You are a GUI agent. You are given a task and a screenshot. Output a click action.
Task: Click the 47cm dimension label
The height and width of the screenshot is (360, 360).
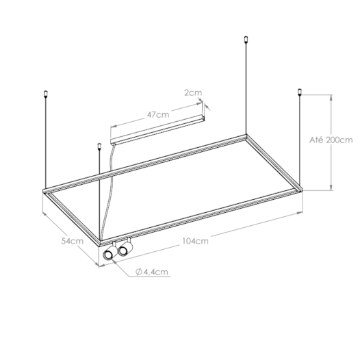158,114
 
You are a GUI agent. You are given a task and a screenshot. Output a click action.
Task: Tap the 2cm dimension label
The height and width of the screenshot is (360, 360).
194,91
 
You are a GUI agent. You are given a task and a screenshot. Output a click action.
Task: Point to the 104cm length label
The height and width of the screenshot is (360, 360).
195,241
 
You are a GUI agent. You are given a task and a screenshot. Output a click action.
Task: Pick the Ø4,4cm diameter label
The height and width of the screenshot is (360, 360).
152,272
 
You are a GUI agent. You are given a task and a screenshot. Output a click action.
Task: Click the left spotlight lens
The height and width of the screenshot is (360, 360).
108,255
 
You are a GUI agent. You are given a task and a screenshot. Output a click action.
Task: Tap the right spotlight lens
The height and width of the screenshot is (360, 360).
123,251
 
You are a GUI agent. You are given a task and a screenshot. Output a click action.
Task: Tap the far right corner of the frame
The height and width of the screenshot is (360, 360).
299,192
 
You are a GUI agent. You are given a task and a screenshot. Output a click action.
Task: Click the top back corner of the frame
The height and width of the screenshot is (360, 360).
246,135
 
